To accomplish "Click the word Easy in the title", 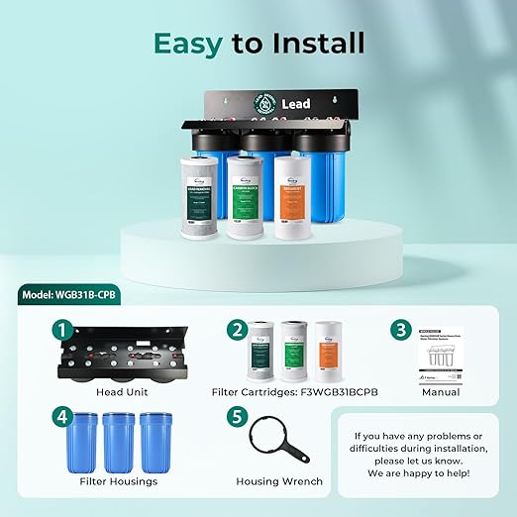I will coord(190,44).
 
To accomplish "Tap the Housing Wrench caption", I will coord(278,481).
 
